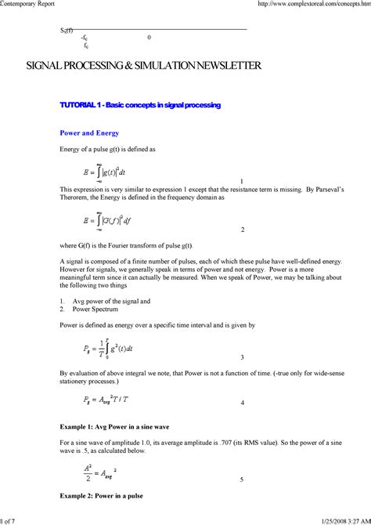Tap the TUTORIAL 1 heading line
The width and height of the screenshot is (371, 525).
pyautogui.click(x=140, y=105)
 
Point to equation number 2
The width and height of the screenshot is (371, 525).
pyautogui.click(x=243, y=230)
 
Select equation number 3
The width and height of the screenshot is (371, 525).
pyautogui.click(x=243, y=357)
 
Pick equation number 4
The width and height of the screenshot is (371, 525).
pyautogui.click(x=243, y=403)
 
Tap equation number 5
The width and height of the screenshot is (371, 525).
pyautogui.click(x=242, y=480)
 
